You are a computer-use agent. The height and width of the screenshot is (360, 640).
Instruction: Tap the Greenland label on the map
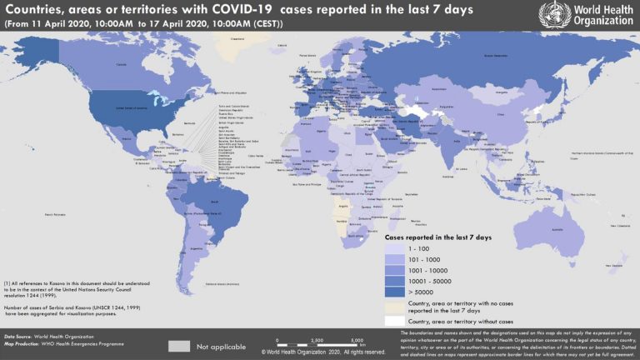click(238, 38)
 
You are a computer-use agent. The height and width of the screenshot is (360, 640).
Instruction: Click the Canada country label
click(121, 63)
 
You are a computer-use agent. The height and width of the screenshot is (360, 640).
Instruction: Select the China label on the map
click(500, 114)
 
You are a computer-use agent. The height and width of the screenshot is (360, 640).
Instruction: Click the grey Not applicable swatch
click(179, 346)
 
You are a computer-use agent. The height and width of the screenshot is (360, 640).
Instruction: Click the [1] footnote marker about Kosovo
click(7, 283)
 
